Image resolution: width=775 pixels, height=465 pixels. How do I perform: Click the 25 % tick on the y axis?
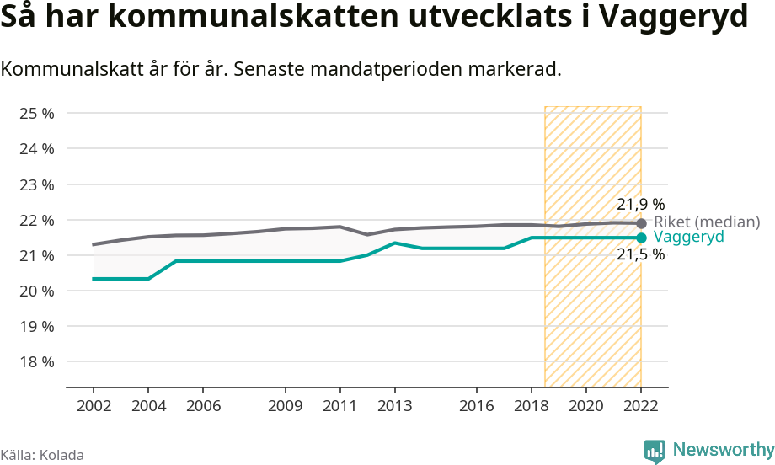coord(36,113)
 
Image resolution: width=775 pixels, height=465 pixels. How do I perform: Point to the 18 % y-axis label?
coord(36,361)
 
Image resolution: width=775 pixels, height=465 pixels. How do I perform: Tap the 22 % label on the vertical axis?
coord(36,220)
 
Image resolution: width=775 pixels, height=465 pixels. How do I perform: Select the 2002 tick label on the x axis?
coord(94,406)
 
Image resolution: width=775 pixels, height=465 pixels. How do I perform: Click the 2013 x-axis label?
coord(394,406)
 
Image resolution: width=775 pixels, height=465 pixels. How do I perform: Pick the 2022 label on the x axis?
coord(640,406)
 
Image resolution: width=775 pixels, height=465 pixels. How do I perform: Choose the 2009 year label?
coord(286,406)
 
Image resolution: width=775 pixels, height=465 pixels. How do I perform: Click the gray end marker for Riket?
coord(641,223)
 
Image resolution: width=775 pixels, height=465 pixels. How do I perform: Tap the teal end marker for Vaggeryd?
coord(641,238)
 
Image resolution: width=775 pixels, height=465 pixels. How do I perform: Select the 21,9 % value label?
coord(640,204)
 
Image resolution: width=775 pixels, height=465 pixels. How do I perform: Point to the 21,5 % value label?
coord(640,254)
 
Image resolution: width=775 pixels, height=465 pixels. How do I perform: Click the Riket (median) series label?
coord(707,222)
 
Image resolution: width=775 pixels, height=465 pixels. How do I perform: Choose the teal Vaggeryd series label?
coord(688,238)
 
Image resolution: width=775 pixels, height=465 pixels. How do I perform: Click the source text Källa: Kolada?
coord(42,455)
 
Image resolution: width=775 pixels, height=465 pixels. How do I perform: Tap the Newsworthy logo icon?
coord(655,452)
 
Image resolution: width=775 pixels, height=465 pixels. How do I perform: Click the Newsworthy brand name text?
coord(724,450)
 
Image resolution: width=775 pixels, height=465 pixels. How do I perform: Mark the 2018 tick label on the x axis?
coord(532,406)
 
